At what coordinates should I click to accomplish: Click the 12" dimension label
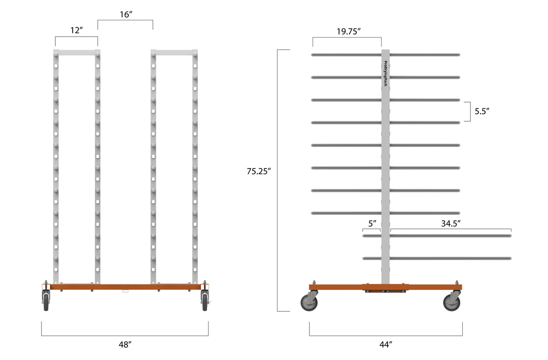76,30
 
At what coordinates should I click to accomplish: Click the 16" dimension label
125,14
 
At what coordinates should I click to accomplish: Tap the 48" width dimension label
125,345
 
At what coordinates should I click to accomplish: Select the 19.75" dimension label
349,31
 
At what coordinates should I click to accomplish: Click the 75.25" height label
259,172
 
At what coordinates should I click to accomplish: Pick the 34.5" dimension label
451,222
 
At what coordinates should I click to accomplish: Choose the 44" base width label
386,345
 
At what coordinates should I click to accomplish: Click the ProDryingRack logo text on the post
386,74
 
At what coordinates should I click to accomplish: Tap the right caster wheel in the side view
452,303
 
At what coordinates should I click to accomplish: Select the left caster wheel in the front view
46,301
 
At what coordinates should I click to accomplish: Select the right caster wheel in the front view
204,301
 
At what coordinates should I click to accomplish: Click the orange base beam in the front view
125,287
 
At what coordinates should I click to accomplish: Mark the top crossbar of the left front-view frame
77,53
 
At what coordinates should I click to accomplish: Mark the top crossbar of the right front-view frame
174,53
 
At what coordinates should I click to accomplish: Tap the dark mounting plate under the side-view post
386,291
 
